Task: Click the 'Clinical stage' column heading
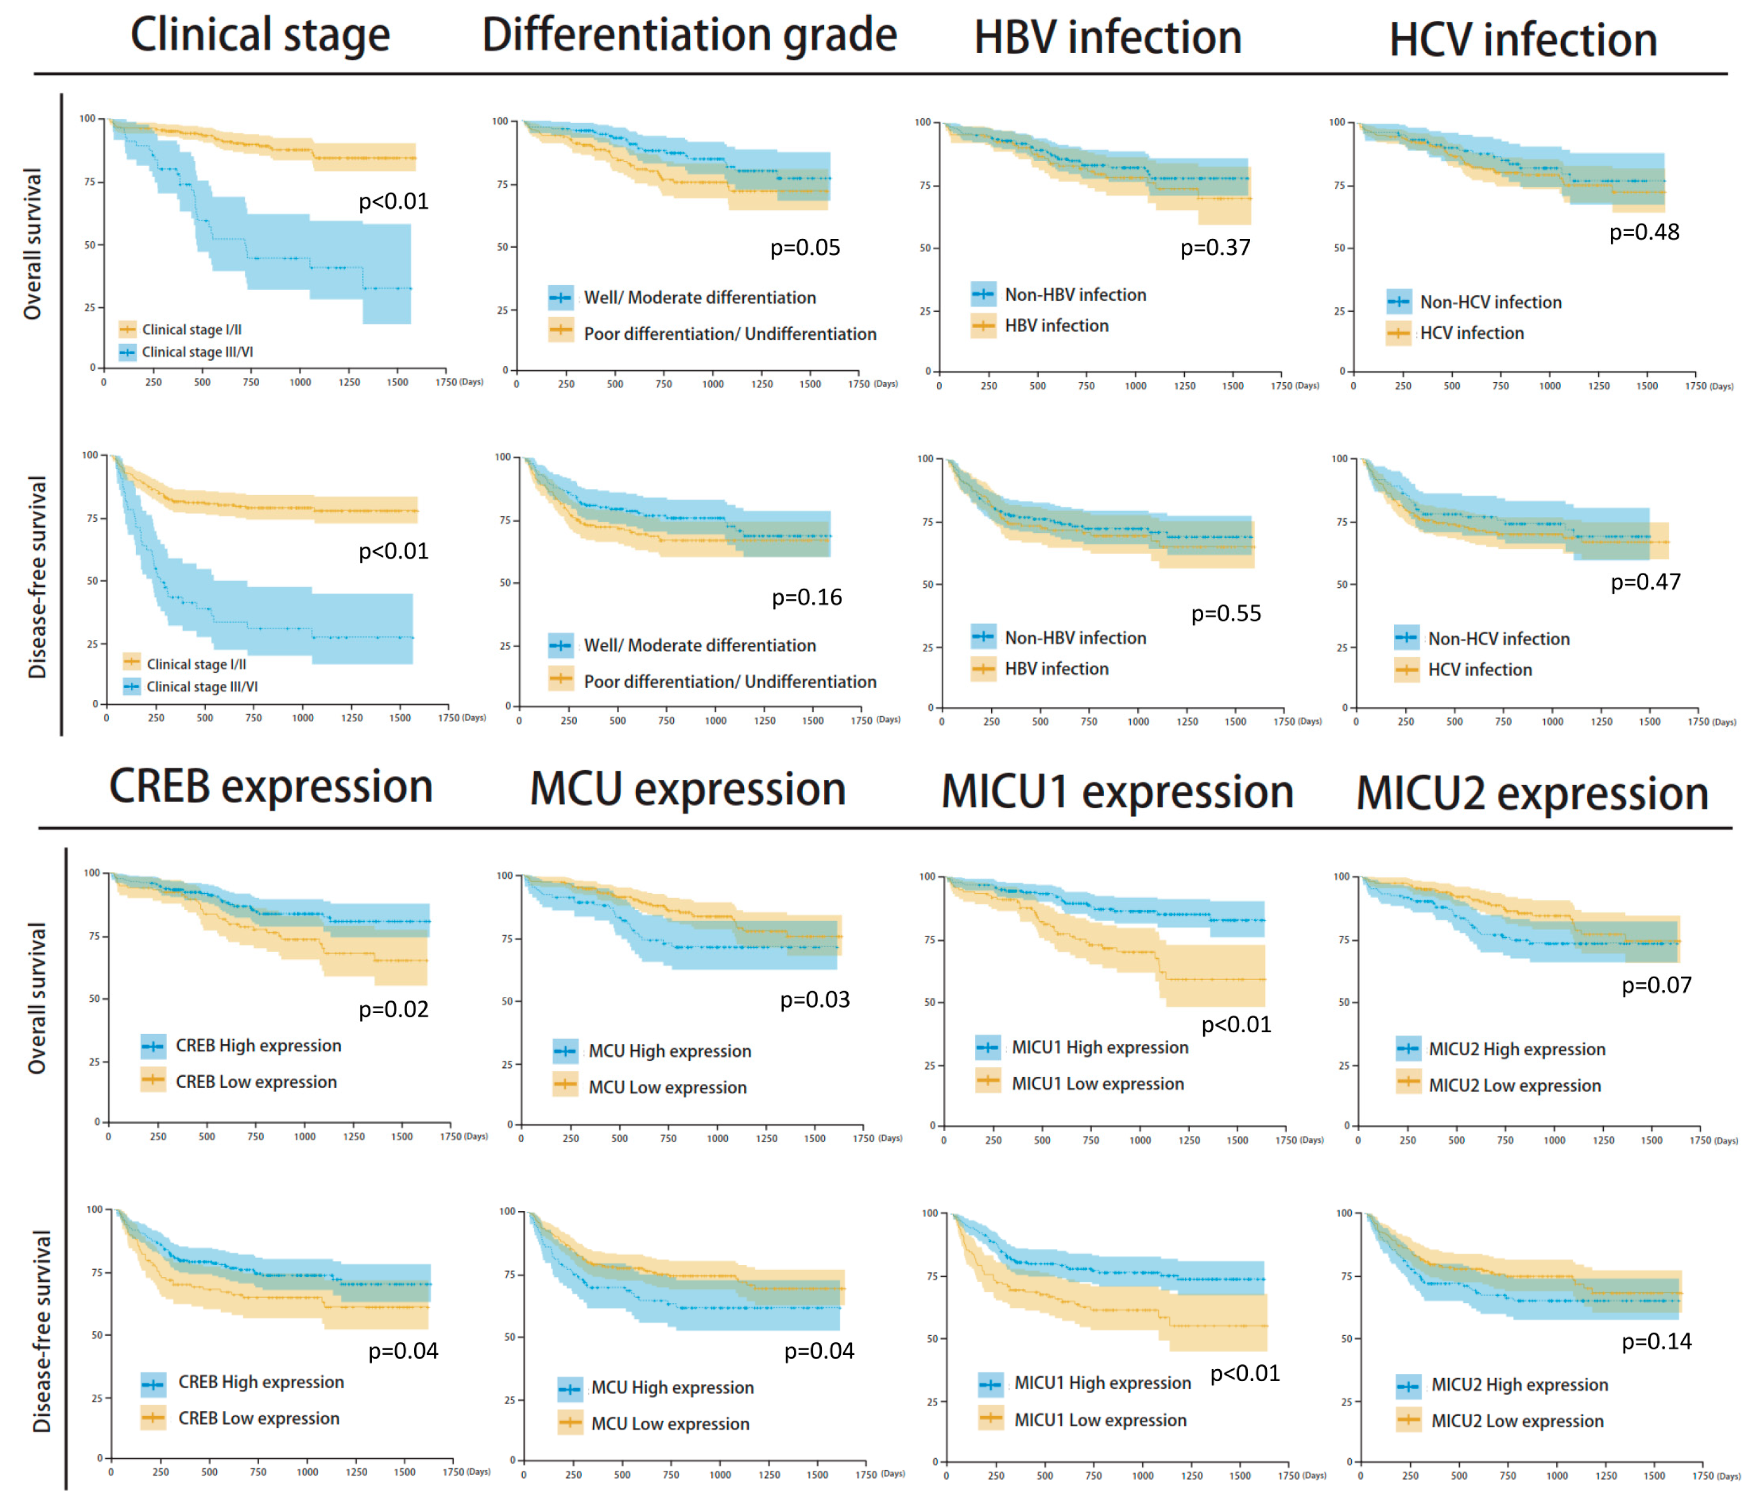(260, 36)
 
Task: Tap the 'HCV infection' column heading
(1522, 40)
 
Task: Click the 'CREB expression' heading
(271, 786)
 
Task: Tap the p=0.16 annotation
(806, 598)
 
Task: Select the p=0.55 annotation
(1226, 613)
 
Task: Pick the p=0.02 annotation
(393, 1009)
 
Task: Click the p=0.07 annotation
(1657, 985)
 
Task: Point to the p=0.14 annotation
(1657, 1341)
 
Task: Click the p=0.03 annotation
(815, 999)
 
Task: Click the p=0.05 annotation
(805, 248)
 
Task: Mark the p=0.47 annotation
(1645, 582)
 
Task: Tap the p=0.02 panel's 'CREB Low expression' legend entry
(256, 1082)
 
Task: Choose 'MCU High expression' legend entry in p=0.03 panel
(669, 1051)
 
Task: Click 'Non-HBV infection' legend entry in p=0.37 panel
(1074, 295)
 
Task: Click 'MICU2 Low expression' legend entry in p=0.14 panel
(1516, 1421)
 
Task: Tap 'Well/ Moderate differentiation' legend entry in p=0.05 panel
(699, 297)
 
